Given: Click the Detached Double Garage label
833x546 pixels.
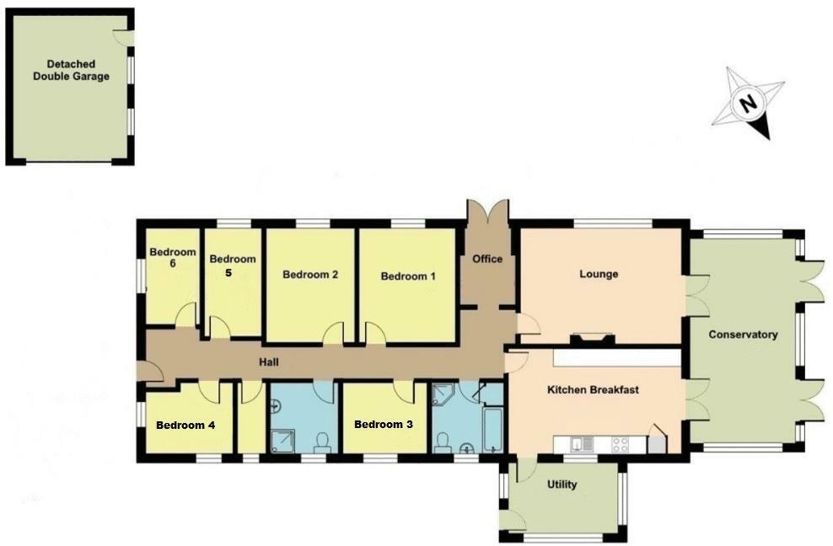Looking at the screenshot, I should pos(71,70).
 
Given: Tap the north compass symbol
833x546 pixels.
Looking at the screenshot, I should pos(747,104).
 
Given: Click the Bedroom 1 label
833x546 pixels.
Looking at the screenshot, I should pos(408,276).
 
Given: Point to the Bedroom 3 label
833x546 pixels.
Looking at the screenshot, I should pos(383,424).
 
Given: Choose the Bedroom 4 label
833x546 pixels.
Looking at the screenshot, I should pos(185,425).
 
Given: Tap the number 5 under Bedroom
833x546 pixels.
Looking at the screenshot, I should pos(228,273).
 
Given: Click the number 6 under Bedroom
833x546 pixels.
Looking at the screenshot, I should pos(172,264).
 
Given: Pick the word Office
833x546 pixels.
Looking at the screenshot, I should pos(487,259).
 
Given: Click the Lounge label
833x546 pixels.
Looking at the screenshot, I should pos(599,274).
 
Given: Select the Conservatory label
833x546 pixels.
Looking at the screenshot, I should pos(742,335).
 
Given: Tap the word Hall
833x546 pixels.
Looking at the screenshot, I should pos(269,363).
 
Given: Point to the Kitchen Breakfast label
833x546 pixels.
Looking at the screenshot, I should pos(594,390).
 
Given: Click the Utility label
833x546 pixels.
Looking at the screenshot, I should pos(562,486).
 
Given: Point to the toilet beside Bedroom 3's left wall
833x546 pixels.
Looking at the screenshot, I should pos(321,442).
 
